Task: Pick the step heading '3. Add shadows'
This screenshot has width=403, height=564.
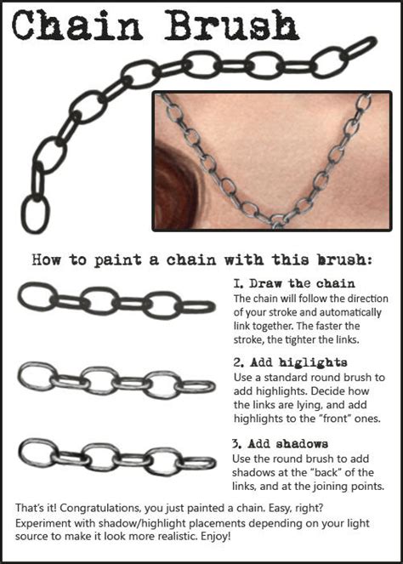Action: (x=280, y=444)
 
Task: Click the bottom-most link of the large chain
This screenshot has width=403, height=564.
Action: (x=35, y=213)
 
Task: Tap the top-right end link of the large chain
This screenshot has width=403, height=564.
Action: (x=360, y=48)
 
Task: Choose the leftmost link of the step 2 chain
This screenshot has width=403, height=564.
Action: (x=37, y=375)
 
